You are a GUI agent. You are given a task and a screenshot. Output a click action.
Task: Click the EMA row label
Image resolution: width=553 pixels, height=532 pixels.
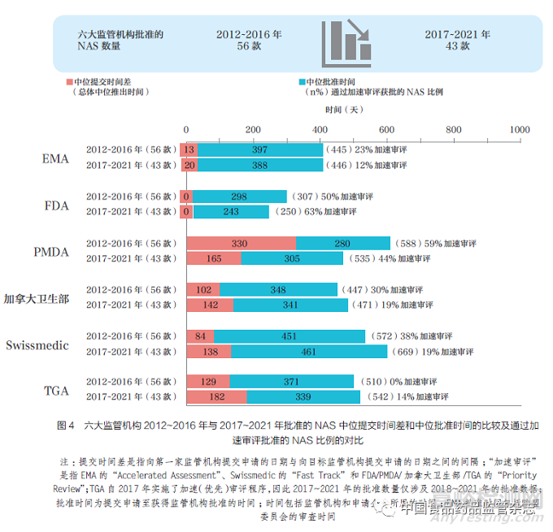(x=55, y=158)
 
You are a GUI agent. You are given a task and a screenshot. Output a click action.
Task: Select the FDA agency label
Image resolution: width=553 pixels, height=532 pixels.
(x=56, y=205)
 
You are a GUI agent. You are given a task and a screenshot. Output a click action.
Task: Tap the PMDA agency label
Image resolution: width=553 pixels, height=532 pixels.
(x=50, y=252)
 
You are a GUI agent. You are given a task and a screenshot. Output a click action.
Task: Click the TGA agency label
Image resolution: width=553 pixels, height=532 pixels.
(x=55, y=391)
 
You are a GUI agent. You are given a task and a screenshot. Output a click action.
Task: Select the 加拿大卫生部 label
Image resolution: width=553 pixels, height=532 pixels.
(x=36, y=298)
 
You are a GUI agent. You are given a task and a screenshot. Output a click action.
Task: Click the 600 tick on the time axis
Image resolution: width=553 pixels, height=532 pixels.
(x=385, y=130)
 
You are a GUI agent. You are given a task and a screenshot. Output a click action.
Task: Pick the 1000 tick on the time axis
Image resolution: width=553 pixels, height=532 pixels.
(x=518, y=130)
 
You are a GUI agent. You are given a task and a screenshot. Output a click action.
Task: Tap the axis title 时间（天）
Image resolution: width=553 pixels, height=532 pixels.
(x=345, y=109)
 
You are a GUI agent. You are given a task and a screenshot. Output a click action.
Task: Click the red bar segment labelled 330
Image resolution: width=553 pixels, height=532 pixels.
(x=241, y=244)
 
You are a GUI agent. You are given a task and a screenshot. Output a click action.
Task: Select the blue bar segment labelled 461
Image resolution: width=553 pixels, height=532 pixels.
(x=309, y=352)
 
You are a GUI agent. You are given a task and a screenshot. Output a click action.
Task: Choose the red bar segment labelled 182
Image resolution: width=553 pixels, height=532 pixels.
(x=216, y=397)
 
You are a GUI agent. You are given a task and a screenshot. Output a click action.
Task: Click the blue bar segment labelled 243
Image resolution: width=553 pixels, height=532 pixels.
(x=231, y=212)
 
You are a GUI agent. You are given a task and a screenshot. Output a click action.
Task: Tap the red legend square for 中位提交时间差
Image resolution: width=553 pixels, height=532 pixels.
(x=68, y=82)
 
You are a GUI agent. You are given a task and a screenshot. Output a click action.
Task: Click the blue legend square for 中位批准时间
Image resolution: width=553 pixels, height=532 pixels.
(x=303, y=82)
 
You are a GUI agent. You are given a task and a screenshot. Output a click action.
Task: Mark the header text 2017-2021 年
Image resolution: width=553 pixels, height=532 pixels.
(x=458, y=35)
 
